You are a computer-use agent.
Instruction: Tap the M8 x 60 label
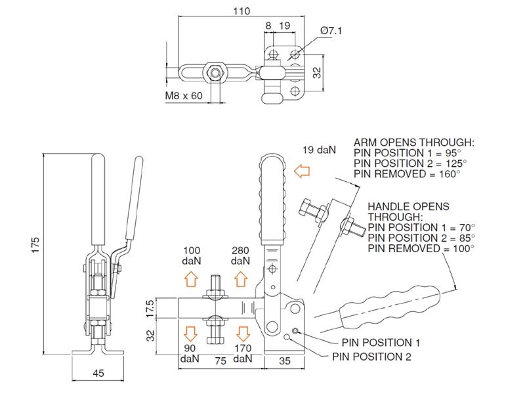tap(185, 96)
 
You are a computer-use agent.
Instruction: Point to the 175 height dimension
tap(37, 244)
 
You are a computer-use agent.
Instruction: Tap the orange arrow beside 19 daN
tap(302, 172)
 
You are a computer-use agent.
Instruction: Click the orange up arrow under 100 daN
tap(191, 278)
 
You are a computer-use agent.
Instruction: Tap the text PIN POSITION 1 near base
tap(381, 343)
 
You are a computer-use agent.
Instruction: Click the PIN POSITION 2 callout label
tap(372, 357)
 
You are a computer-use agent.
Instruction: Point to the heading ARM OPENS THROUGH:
tap(413, 142)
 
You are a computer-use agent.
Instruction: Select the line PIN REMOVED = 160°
tap(406, 173)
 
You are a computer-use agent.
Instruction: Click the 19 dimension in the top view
tap(285, 26)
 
